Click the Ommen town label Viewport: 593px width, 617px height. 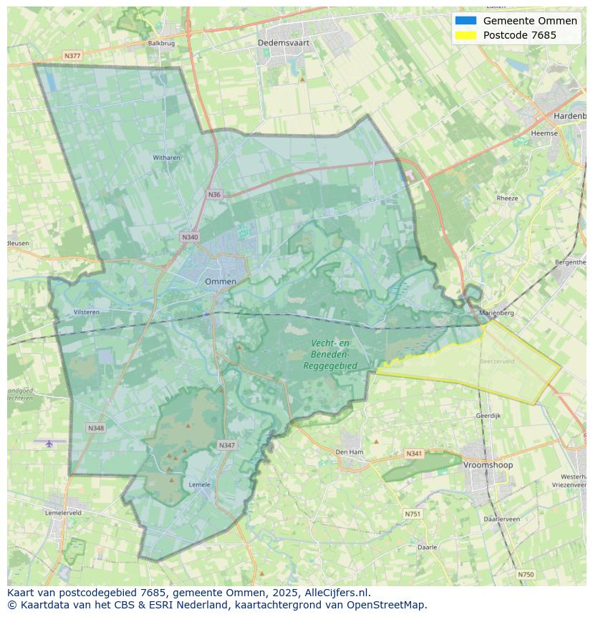click(x=221, y=282)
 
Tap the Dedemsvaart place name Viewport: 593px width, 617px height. click(x=284, y=43)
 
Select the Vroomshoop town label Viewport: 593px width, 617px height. click(x=488, y=465)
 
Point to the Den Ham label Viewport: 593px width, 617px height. click(x=349, y=452)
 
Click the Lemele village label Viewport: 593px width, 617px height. click(x=199, y=484)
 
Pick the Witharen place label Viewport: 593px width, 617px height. click(x=166, y=157)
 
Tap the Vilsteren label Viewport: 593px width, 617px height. click(x=87, y=312)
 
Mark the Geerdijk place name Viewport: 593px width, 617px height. click(x=488, y=416)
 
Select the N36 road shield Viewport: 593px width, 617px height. click(x=215, y=194)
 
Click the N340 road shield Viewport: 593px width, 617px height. click(x=190, y=237)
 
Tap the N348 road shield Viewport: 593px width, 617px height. click(x=96, y=428)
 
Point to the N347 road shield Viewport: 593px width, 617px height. click(x=226, y=445)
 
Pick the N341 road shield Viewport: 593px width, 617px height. click(x=414, y=454)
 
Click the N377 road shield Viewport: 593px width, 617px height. click(x=72, y=55)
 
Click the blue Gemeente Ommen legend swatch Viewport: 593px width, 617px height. click(x=465, y=21)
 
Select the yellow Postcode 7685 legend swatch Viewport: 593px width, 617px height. click(x=465, y=36)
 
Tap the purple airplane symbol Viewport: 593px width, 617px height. click(x=49, y=444)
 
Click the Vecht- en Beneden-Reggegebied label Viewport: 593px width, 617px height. click(x=330, y=355)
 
